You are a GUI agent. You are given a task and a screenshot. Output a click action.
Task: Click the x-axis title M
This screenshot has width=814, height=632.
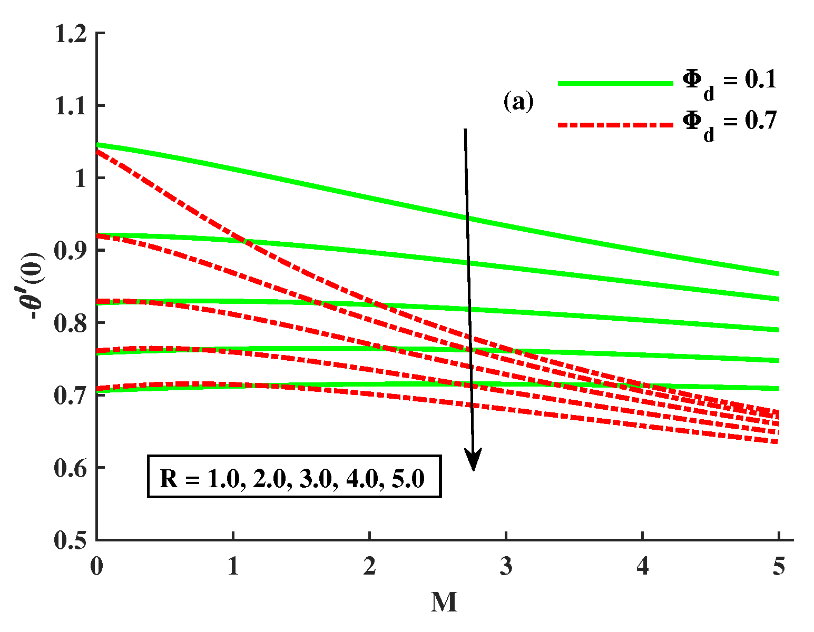point(444,603)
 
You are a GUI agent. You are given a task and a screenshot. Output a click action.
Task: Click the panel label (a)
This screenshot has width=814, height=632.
point(518,102)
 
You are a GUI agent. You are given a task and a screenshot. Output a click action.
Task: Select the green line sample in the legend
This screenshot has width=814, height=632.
point(615,83)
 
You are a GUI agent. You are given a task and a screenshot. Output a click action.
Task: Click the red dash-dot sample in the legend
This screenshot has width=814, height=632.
point(615,125)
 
